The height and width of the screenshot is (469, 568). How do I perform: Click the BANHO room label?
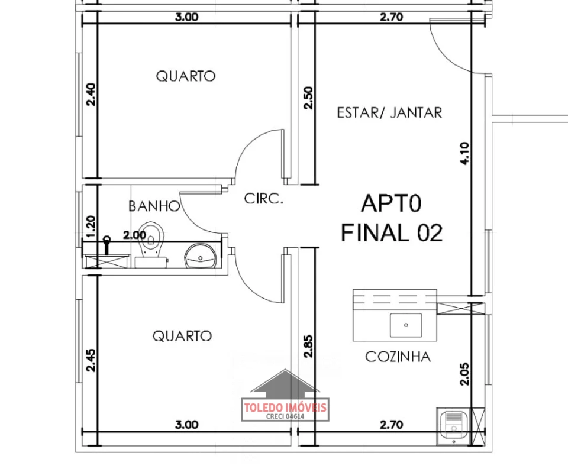tap(154, 206)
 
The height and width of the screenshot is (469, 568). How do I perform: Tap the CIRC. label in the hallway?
tap(263, 199)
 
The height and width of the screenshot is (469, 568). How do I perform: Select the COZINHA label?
tap(398, 357)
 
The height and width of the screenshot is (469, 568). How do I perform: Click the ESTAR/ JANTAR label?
tap(389, 112)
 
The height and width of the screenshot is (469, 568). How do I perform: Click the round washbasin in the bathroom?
tap(201, 255)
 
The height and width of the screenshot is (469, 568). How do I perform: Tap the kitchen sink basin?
tap(406, 325)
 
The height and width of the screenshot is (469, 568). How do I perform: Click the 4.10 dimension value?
tap(464, 154)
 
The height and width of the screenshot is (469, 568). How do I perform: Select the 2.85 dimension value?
tap(308, 347)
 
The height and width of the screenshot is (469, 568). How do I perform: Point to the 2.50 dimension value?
tap(308, 98)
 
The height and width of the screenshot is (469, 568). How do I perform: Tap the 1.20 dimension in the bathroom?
tap(91, 227)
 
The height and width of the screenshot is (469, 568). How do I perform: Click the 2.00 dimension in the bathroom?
tap(134, 235)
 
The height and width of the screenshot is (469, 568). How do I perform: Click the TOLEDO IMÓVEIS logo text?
tap(285, 408)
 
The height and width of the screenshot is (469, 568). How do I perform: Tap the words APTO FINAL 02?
tap(392, 218)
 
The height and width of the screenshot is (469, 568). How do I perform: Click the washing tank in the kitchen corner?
tap(454, 426)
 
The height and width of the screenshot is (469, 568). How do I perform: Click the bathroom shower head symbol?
tap(107, 245)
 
